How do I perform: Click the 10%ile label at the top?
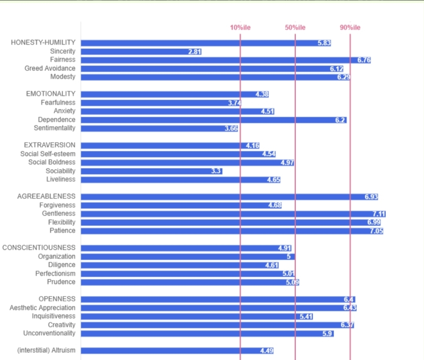tap(240, 27)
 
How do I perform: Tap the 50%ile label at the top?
tap(295, 27)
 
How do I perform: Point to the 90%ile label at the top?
tap(350, 27)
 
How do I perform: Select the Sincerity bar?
tap(141, 51)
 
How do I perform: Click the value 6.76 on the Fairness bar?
tap(364, 60)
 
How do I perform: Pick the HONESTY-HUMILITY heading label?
tap(43, 43)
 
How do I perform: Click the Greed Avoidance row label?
tap(50, 68)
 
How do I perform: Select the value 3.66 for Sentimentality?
tap(231, 128)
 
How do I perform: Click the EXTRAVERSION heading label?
tap(50, 145)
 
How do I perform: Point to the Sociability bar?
tap(151, 171)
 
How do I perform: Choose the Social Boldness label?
tap(52, 162)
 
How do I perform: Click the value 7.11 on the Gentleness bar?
tap(379, 214)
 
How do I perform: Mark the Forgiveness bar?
tap(181, 205)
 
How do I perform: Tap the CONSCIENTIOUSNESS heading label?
tap(39, 248)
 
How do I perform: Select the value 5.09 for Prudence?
tap(292, 282)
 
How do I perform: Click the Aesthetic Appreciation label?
tap(42, 308)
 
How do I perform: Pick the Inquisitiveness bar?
tap(197, 316)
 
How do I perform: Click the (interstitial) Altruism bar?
tap(177, 351)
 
